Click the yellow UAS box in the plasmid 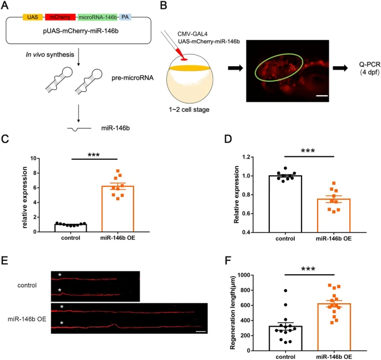click(x=33, y=17)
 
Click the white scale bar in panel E click(x=201, y=331)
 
